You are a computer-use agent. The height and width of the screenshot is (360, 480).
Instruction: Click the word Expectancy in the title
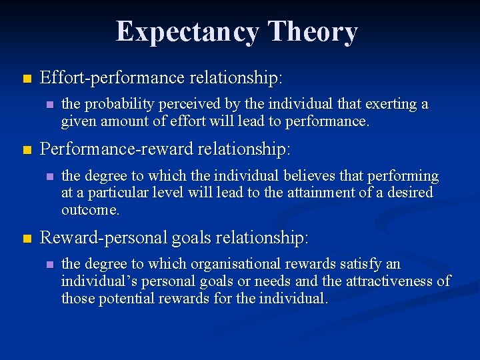[187, 31]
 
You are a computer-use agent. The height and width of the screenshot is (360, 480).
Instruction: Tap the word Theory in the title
[313, 31]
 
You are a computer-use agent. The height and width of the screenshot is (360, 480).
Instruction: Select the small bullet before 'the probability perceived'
[49, 105]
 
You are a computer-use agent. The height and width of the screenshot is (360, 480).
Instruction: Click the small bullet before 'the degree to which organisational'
[49, 265]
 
